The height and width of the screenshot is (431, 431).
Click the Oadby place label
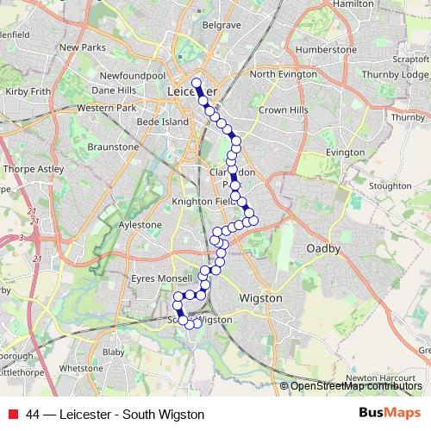click(324, 248)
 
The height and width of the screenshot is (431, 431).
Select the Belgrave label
click(221, 26)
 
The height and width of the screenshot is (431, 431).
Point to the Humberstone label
click(326, 50)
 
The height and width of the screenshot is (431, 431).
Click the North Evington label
click(284, 74)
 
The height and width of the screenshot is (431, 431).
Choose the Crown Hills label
click(284, 110)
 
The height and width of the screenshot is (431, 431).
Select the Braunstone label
click(113, 147)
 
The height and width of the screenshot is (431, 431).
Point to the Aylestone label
click(140, 224)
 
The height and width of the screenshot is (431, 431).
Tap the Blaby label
click(114, 352)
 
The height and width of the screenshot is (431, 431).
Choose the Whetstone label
click(82, 367)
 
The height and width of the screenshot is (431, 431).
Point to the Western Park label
click(107, 108)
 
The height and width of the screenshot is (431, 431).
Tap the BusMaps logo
click(384, 414)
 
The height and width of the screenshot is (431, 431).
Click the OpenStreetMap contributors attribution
click(354, 386)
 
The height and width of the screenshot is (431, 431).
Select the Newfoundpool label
click(132, 76)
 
